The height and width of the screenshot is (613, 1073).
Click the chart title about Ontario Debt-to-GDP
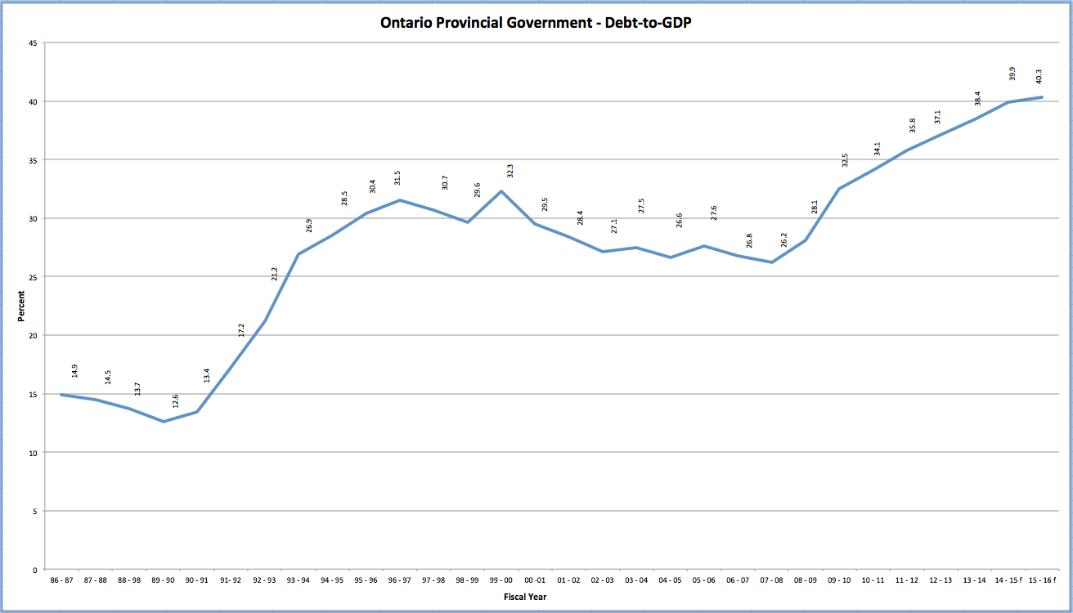536,22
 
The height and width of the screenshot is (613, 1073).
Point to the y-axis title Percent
21,306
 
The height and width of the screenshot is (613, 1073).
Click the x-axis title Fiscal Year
525,597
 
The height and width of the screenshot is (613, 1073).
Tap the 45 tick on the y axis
34,43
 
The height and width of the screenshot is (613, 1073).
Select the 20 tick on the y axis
34,336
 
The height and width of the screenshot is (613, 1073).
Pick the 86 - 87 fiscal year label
61,579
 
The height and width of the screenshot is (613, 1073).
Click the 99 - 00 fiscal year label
501,579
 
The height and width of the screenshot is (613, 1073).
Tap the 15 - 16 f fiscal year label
1042,579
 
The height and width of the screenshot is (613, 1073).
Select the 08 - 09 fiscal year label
806,579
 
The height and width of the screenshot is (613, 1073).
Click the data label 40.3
1039,76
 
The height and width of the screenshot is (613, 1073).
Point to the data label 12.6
174,400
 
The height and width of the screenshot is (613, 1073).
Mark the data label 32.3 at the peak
511,171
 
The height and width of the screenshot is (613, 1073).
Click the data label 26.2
783,240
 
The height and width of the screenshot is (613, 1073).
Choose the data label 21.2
275,274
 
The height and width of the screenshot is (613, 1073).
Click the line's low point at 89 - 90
163,422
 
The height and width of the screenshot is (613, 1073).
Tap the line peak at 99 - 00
501,191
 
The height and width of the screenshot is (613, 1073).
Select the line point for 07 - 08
772,262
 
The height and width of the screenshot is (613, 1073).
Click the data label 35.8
914,126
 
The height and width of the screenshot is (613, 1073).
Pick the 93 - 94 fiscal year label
298,579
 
